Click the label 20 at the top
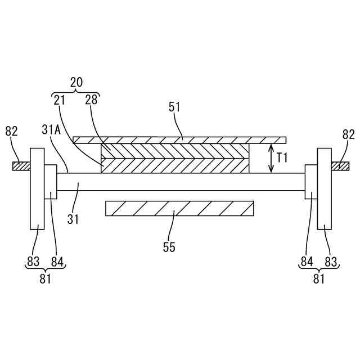pos(76,82)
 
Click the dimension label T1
pos(282,158)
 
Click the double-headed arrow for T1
pos(272,158)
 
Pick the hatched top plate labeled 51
pos(180,139)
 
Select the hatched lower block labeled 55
pos(179,208)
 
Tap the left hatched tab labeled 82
pos(22,166)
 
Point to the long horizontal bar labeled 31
pos(180,182)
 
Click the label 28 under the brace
pos(91,100)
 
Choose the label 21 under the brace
pos(60,100)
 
